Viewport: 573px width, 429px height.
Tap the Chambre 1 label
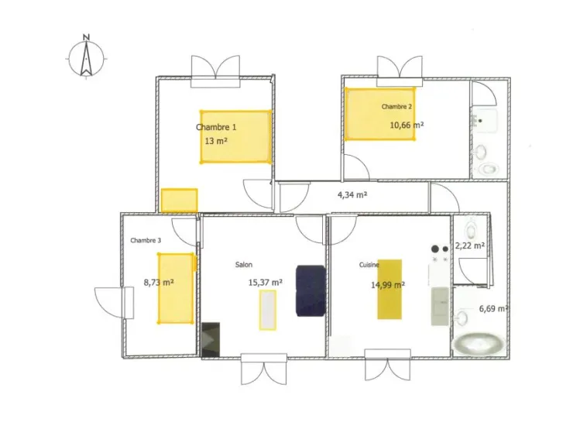pyautogui.click(x=216, y=127)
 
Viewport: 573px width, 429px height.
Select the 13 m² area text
pyautogui.click(x=216, y=141)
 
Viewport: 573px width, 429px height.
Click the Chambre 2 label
pyautogui.click(x=396, y=107)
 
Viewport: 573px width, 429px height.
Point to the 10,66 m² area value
pyautogui.click(x=407, y=125)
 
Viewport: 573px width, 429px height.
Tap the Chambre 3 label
pyautogui.click(x=146, y=241)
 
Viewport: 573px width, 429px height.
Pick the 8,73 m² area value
pyautogui.click(x=159, y=282)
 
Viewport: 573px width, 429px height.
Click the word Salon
pyautogui.click(x=244, y=265)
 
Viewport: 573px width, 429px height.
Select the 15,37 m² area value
pyautogui.click(x=265, y=283)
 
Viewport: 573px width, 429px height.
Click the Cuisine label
pyautogui.click(x=369, y=265)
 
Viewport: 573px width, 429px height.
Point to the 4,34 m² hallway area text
pyautogui.click(x=352, y=195)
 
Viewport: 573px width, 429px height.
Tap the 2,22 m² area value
pyautogui.click(x=470, y=245)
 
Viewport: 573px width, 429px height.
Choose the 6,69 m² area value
pyautogui.click(x=493, y=309)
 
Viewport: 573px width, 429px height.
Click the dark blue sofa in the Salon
pyautogui.click(x=311, y=291)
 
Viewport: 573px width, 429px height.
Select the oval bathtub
pyautogui.click(x=479, y=344)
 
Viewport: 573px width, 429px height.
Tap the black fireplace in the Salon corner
pyautogui.click(x=211, y=339)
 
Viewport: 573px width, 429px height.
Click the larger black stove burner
pyautogui.click(x=435, y=249)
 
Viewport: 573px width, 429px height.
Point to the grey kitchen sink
pyautogui.click(x=440, y=306)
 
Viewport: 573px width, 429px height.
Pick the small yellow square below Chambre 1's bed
pyautogui.click(x=180, y=201)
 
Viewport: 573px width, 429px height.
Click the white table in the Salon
pyautogui.click(x=268, y=311)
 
